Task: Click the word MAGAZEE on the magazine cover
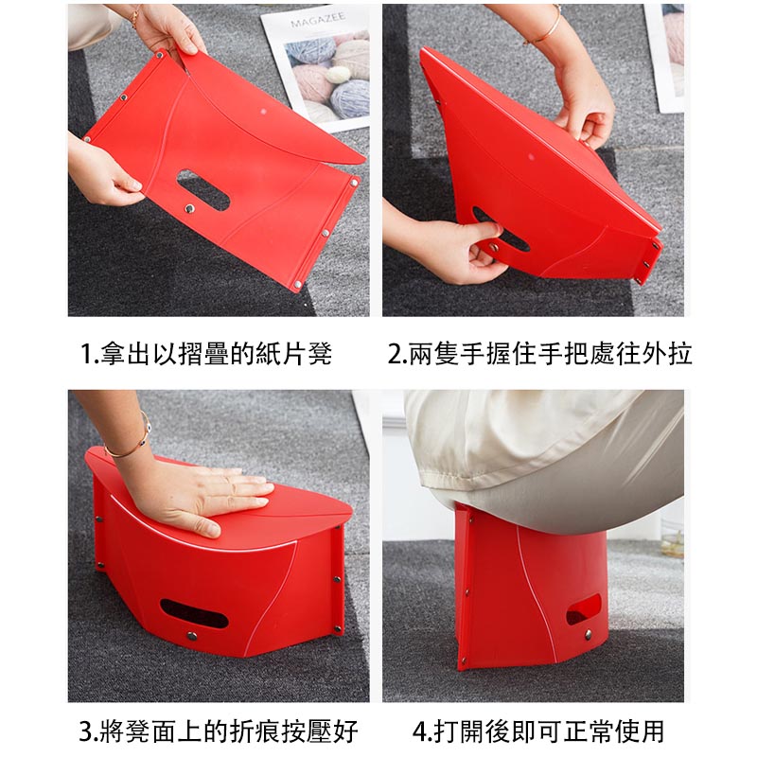318,20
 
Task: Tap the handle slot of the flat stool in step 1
202,190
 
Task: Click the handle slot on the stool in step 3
194,613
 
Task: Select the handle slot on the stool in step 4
583,608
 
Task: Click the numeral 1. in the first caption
90,353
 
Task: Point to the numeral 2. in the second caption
398,353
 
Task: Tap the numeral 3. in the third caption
90,731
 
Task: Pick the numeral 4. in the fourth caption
423,731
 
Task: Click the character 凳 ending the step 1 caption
320,353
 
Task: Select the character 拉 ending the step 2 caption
680,353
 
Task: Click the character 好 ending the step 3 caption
345,731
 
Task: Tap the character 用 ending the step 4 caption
652,731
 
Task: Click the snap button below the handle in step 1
189,208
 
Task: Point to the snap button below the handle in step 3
192,635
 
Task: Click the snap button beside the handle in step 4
588,634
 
